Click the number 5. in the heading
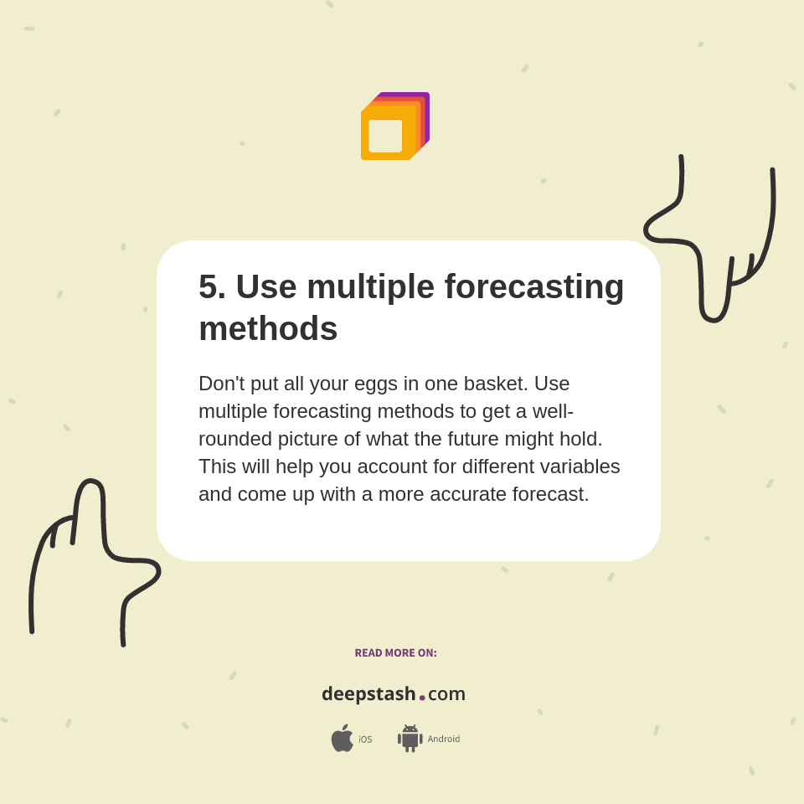[212, 286]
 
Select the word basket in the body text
[494, 384]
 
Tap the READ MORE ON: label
[395, 653]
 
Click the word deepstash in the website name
[368, 694]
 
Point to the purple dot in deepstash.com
[422, 697]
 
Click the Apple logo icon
[342, 739]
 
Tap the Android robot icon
[410, 739]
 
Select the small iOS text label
[365, 740]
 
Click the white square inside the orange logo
[385, 136]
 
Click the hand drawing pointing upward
[92, 553]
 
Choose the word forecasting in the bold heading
[533, 286]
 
